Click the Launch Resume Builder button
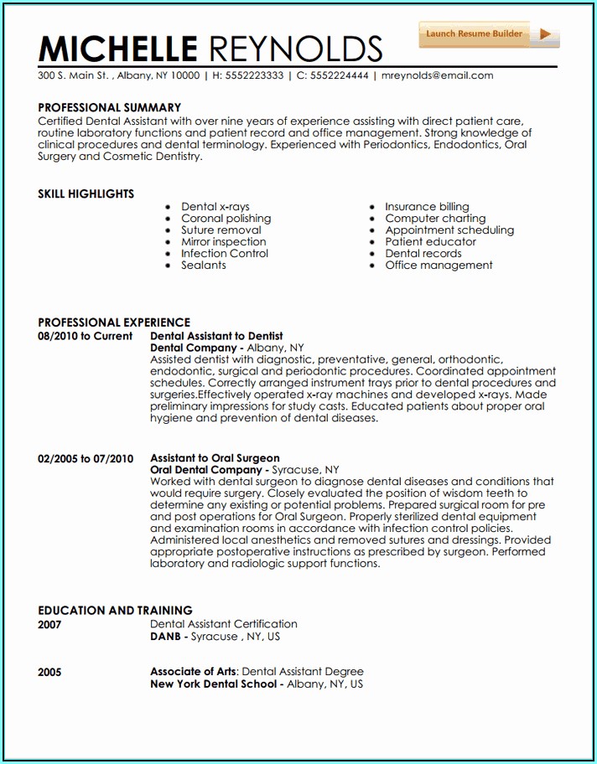click(x=488, y=34)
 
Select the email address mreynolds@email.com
click(x=437, y=75)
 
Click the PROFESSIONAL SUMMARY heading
click(x=109, y=107)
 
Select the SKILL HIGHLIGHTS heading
click(x=86, y=194)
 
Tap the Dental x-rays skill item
click(x=215, y=207)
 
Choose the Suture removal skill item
click(x=221, y=230)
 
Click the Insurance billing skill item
click(x=427, y=207)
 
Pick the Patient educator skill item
click(x=430, y=242)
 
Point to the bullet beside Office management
click(x=372, y=266)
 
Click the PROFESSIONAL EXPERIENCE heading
click(x=114, y=323)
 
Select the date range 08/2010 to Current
click(x=85, y=336)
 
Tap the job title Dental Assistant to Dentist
click(x=216, y=336)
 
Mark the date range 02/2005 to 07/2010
click(x=86, y=458)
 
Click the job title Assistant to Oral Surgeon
click(x=215, y=458)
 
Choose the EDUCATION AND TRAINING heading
click(x=115, y=611)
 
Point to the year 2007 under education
click(x=49, y=625)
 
